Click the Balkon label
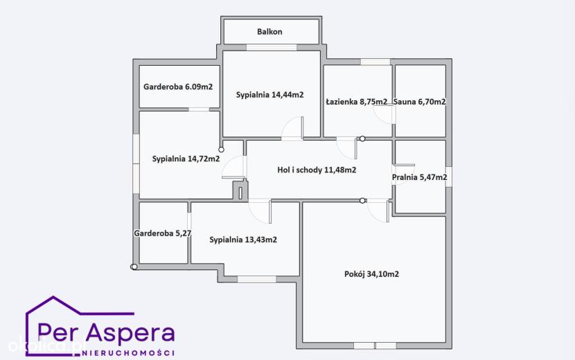[269, 32]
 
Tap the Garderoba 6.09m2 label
[178, 87]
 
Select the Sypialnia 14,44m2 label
[269, 95]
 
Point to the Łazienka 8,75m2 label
[357, 102]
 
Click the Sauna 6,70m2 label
[420, 102]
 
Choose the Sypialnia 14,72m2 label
[186, 159]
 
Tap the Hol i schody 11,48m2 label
[317, 170]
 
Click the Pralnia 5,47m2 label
[420, 177]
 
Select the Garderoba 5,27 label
[162, 233]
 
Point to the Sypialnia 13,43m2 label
[243, 240]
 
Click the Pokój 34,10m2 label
[371, 274]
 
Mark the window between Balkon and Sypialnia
[272, 47]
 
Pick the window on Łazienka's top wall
[375, 62]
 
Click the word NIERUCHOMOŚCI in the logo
[128, 352]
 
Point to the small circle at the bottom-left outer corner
[134, 267]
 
